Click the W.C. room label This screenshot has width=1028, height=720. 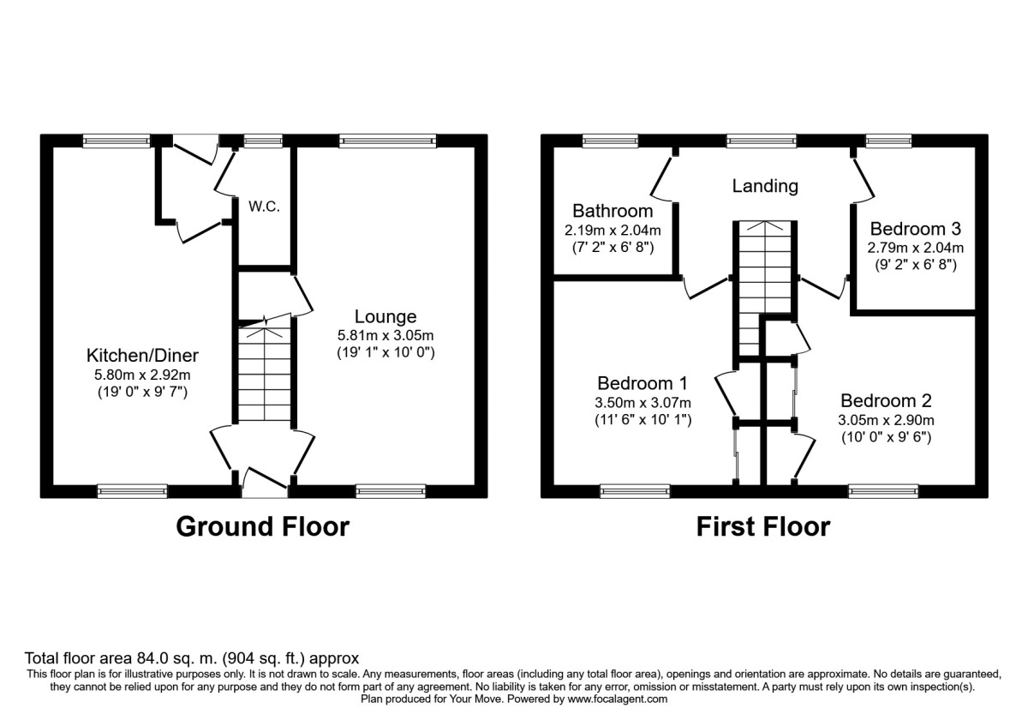tap(265, 207)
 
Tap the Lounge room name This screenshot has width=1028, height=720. tap(385, 316)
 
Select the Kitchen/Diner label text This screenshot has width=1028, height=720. tap(142, 356)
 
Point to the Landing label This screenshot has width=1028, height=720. tap(765, 186)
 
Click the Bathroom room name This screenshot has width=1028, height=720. tap(613, 211)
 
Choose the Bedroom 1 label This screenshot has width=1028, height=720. tap(642, 383)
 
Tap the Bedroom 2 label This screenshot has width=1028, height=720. tap(886, 401)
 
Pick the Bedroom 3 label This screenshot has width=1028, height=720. tap(915, 229)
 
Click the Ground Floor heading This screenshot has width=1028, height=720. tap(263, 526)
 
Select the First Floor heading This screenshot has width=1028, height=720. tap(763, 526)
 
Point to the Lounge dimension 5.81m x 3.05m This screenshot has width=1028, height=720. tap(385, 335)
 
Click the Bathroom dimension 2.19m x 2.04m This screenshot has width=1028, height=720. tap(613, 230)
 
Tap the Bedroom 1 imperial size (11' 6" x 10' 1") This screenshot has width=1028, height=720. tap(643, 420)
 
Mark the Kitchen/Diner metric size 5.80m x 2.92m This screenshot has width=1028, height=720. tap(142, 375)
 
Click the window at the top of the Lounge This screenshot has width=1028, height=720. tap(388, 141)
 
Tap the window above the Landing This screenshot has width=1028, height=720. tap(762, 141)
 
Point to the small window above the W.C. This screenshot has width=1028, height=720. tap(263, 141)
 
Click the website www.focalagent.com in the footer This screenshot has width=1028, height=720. tap(618, 699)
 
